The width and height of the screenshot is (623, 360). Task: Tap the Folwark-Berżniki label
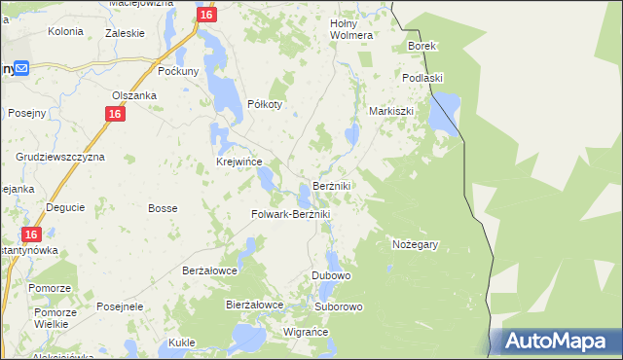click(x=292, y=214)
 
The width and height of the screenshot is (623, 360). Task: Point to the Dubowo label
click(x=331, y=276)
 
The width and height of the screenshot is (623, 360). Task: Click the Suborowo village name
click(x=339, y=307)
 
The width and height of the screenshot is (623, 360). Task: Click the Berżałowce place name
click(x=210, y=271)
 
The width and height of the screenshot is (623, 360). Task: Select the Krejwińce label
click(x=238, y=162)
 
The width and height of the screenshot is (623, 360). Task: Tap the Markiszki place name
click(x=391, y=111)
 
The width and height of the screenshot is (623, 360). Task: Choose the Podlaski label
click(x=422, y=78)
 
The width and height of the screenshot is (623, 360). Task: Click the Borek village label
click(x=422, y=46)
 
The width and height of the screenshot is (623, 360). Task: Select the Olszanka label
click(x=133, y=95)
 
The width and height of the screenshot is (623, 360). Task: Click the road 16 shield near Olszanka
click(x=115, y=115)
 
